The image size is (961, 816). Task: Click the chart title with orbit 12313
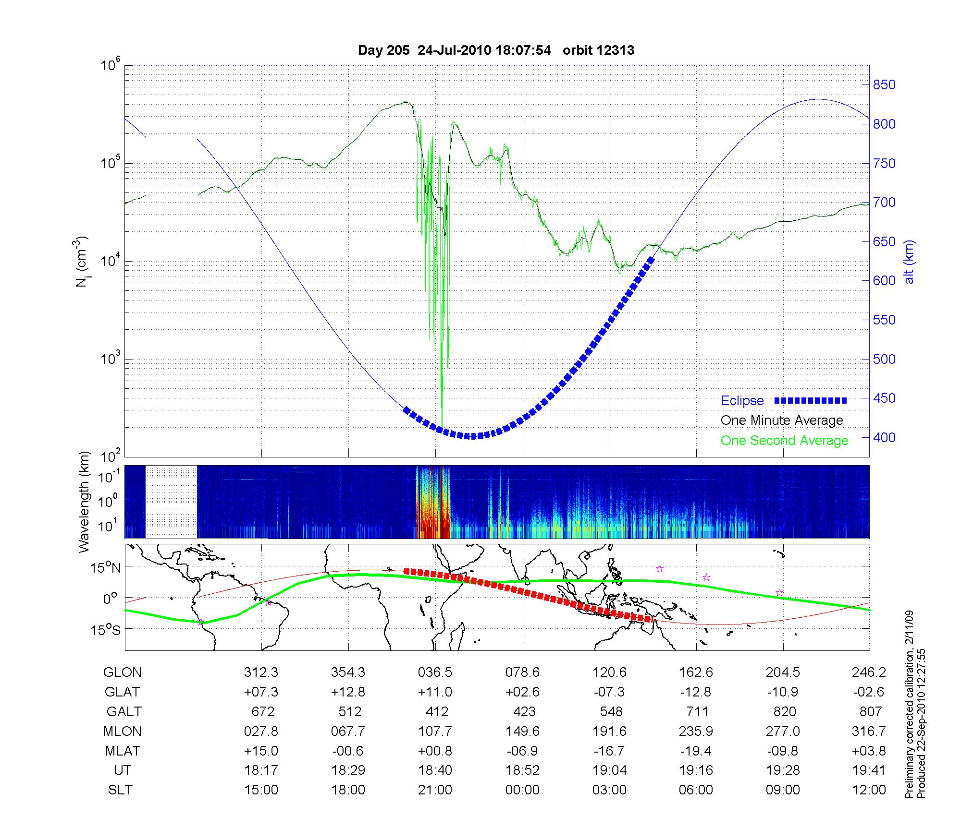pos(496,50)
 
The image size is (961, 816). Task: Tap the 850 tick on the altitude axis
pos(884,85)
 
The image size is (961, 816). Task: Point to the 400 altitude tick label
pos(884,438)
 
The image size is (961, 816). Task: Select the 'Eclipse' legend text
pos(742,401)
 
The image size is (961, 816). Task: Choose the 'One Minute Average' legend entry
pos(782,420)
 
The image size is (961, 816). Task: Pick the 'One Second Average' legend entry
pos(784,441)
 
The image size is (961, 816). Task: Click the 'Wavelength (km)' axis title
pos(85,502)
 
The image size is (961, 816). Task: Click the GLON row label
pos(123,672)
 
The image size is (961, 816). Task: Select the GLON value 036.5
pos(435,672)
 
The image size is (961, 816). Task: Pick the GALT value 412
pos(437,711)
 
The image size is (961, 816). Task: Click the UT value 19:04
pos(609,770)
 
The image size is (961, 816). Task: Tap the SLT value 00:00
pos(522,790)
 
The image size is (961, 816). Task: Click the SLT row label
pos(120,790)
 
